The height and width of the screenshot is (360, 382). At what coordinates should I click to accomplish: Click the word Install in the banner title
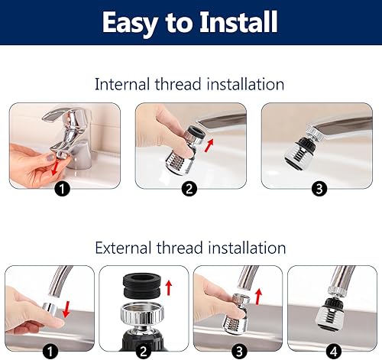coord(238,22)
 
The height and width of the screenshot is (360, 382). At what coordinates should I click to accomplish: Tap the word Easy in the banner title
coord(130,24)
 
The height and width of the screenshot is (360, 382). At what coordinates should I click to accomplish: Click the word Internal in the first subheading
coord(122,84)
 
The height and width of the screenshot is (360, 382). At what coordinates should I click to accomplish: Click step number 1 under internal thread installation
coord(62,189)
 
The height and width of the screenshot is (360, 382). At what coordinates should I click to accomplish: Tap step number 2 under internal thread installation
coord(189,189)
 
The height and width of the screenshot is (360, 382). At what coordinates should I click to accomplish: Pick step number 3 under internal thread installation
coord(319,189)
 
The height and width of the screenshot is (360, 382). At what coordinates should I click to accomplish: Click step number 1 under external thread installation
coord(50,352)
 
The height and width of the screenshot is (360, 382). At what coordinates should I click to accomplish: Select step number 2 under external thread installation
coord(144,352)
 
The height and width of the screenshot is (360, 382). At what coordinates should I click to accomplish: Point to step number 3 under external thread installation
coord(239,352)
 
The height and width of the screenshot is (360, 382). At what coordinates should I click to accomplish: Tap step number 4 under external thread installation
coord(334,352)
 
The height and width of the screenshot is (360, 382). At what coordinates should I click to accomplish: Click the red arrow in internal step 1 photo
coord(55,167)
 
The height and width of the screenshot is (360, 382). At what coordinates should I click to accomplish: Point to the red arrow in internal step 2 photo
coord(209,145)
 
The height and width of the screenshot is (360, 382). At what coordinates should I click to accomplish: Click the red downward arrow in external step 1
coord(66,309)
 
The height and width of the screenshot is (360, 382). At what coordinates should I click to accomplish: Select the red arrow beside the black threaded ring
coord(169,287)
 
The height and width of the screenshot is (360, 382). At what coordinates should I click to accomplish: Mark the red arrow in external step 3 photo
coord(258,297)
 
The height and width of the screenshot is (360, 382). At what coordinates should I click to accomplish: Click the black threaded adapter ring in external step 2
coord(142,286)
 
